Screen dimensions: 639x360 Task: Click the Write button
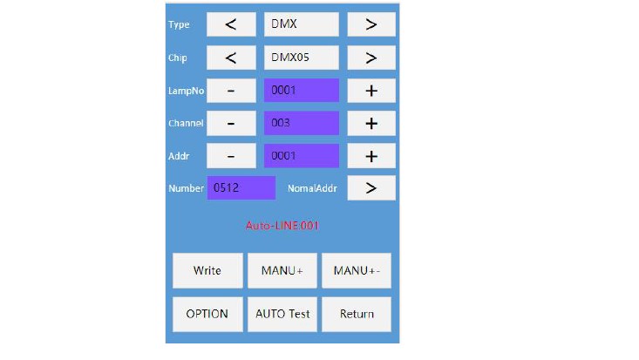207,271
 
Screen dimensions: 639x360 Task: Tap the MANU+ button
282,271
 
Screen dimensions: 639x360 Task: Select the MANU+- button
357,271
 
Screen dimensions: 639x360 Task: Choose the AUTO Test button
282,314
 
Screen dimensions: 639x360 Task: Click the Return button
357,314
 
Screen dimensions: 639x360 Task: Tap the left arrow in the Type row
231,24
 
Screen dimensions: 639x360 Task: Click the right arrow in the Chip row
371,58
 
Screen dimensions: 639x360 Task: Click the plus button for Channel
371,123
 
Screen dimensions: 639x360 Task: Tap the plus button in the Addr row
371,156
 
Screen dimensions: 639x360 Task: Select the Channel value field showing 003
302,123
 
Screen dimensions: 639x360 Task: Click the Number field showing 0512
241,188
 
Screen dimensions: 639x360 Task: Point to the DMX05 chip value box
302,58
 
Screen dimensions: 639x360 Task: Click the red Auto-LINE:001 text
282,226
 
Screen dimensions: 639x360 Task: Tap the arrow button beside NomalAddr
371,188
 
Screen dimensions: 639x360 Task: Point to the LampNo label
186,91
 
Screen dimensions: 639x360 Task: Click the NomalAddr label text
312,188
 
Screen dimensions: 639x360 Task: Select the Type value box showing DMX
302,24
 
